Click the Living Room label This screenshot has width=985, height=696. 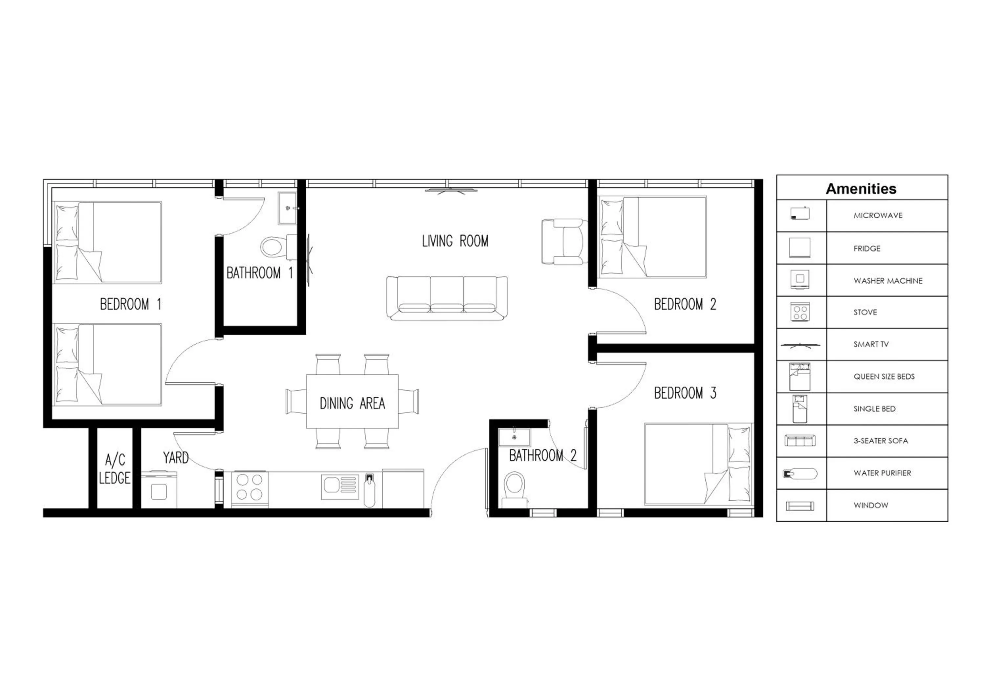click(x=455, y=241)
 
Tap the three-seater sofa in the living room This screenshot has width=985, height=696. click(x=447, y=298)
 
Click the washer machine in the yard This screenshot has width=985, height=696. click(x=159, y=490)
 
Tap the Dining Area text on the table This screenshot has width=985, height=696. click(x=352, y=403)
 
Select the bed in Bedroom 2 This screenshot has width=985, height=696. click(x=653, y=237)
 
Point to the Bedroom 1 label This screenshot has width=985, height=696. click(x=130, y=304)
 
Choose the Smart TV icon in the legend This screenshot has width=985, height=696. click(x=800, y=345)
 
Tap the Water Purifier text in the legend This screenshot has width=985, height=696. click(x=882, y=473)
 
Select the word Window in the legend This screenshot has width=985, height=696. click(x=870, y=506)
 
